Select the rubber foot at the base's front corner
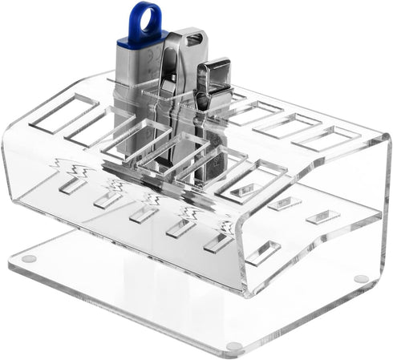click(x=233, y=346)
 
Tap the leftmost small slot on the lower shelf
click(x=72, y=185)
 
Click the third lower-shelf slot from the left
click(x=144, y=214)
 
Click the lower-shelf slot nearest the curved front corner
click(x=263, y=253)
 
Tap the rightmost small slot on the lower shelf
click(x=322, y=216)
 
